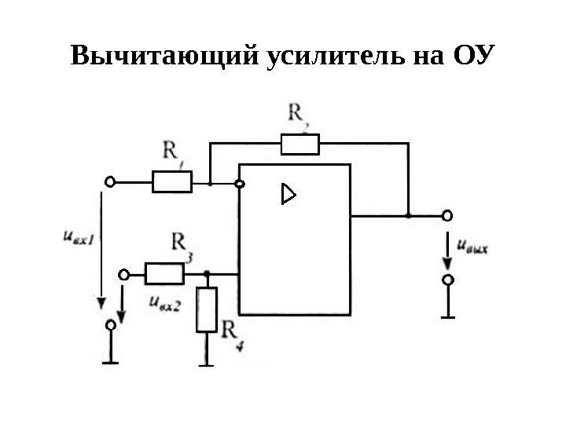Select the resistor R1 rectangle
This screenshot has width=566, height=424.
pyautogui.click(x=171, y=182)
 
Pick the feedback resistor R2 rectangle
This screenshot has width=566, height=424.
pyautogui.click(x=300, y=144)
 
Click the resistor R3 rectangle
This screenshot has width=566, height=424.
pyautogui.click(x=164, y=273)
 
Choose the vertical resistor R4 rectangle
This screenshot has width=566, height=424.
pyautogui.click(x=207, y=310)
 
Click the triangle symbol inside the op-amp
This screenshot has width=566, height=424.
pyautogui.click(x=289, y=194)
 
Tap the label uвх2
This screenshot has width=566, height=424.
pyautogui.click(x=164, y=304)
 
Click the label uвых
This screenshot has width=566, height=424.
pyautogui.click(x=472, y=247)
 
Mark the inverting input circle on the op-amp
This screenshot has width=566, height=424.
pyautogui.click(x=240, y=184)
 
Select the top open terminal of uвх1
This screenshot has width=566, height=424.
pyautogui.click(x=110, y=182)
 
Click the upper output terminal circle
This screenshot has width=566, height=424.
pyautogui.click(x=447, y=214)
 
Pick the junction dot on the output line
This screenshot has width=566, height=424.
pyautogui.click(x=409, y=214)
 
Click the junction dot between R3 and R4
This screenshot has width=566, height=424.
pyautogui.click(x=207, y=273)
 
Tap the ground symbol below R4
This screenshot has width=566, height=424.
pyautogui.click(x=207, y=363)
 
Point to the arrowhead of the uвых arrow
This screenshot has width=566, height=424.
pyautogui.click(x=447, y=262)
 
